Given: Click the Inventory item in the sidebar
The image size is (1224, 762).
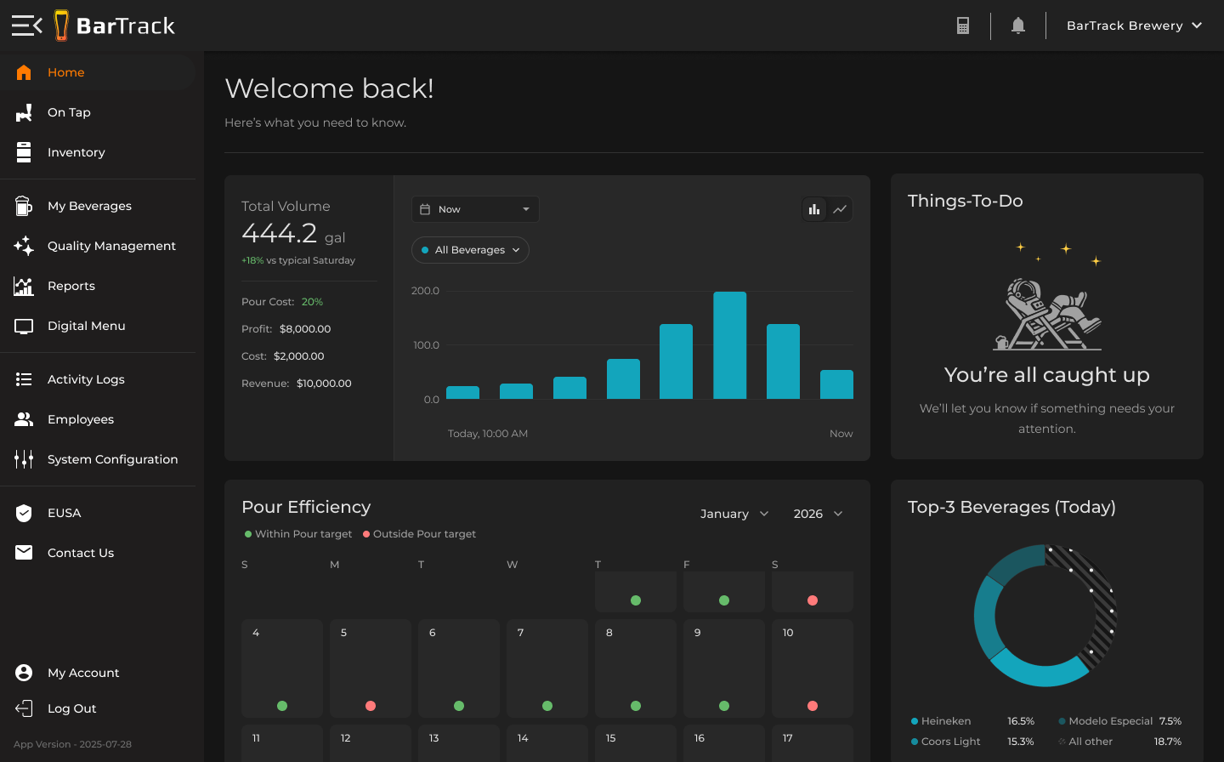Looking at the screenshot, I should point(76,152).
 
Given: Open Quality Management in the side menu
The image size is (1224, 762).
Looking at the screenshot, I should point(110,246).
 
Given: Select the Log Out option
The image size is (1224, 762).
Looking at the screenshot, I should point(71,708).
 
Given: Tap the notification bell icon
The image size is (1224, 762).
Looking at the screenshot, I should point(1017,26).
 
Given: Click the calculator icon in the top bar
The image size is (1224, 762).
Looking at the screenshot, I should point(963,26).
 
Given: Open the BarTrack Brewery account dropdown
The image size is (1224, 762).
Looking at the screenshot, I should point(1134,26).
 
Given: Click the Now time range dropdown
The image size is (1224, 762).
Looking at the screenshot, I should point(475,209).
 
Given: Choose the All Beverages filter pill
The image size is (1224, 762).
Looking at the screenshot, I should point(470,250).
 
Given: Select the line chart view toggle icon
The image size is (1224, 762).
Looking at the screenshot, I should point(840,209).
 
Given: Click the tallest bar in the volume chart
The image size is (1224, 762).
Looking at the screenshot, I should point(729,345).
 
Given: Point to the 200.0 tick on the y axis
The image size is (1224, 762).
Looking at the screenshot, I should point(425,291).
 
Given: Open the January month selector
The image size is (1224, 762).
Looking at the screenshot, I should point(734,514).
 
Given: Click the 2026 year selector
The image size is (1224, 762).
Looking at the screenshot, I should point(817,514).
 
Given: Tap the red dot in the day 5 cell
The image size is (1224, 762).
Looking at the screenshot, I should point(371,706).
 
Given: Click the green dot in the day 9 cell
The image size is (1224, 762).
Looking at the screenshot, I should point(724,706).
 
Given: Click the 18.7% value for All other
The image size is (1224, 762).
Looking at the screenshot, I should point(1167,742).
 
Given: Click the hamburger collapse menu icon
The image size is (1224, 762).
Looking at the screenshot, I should point(26,26).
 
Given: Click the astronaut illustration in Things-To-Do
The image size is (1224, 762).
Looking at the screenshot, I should point(1047,315).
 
